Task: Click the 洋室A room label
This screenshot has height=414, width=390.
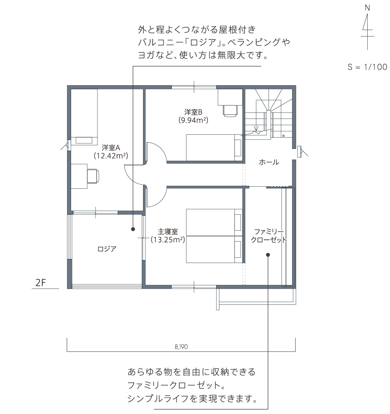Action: (111, 147)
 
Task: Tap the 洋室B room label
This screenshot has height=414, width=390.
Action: (193, 112)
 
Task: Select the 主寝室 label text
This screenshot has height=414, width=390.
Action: (168, 231)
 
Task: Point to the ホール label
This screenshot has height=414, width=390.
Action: (269, 162)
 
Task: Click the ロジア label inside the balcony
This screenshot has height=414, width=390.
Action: (107, 249)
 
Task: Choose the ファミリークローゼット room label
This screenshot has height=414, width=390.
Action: (269, 236)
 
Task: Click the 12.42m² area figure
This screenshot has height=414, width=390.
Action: (111, 155)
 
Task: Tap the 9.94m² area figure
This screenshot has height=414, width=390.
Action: (193, 120)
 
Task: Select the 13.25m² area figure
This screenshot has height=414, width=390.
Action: (168, 240)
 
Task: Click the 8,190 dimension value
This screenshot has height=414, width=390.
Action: (181, 347)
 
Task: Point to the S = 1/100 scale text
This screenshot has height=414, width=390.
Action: (367, 67)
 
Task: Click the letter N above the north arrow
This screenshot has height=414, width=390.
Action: (367, 8)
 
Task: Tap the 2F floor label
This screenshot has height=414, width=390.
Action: (41, 283)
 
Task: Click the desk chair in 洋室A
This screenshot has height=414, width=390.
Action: (93, 176)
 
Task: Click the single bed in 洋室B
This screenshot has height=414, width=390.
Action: (214, 148)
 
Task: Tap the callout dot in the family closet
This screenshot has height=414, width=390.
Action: (268, 255)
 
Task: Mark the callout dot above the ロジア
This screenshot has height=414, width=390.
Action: (133, 229)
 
